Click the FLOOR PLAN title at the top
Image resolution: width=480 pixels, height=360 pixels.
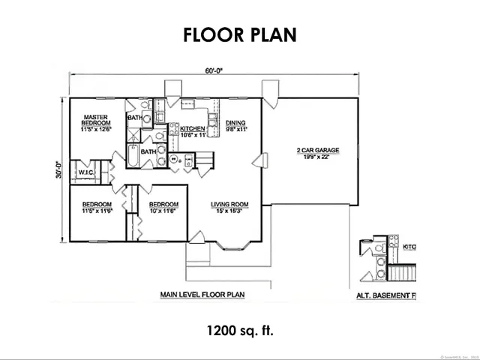(239, 34)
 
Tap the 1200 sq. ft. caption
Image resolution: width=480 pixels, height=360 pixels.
(239, 329)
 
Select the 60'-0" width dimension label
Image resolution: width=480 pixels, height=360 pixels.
(214, 70)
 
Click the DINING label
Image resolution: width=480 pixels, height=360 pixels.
(237, 124)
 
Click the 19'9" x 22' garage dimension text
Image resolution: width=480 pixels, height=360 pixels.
(318, 157)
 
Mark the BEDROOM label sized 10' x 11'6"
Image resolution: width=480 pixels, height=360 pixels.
(163, 205)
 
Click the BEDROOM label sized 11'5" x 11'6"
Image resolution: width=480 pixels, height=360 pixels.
(97, 205)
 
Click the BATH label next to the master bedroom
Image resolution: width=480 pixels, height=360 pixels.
(135, 118)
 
